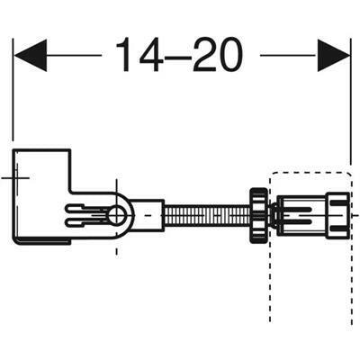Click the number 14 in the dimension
pyautogui.click(x=137, y=57)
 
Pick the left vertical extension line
pyautogui.click(x=13, y=99)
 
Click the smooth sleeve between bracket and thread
pyautogui.click(x=149, y=216)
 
